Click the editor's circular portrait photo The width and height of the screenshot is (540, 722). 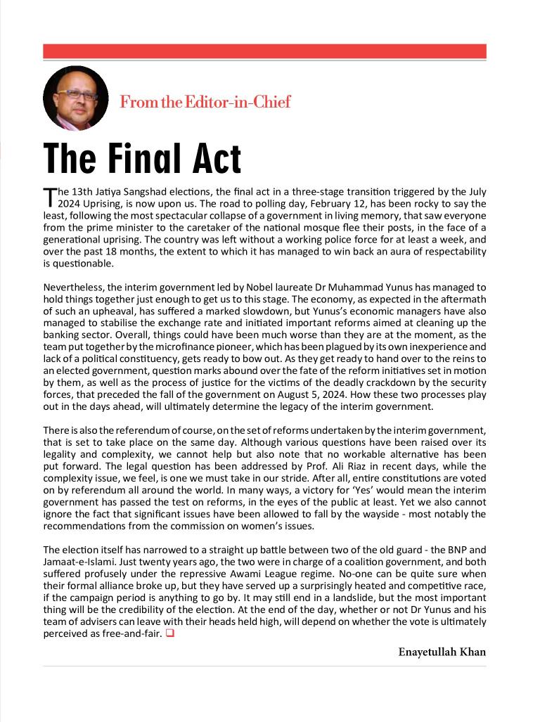(x=75, y=98)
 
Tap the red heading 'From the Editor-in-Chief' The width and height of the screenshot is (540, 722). (x=205, y=102)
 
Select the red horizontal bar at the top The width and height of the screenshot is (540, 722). (x=264, y=51)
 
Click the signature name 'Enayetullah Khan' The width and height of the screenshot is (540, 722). (x=442, y=652)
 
